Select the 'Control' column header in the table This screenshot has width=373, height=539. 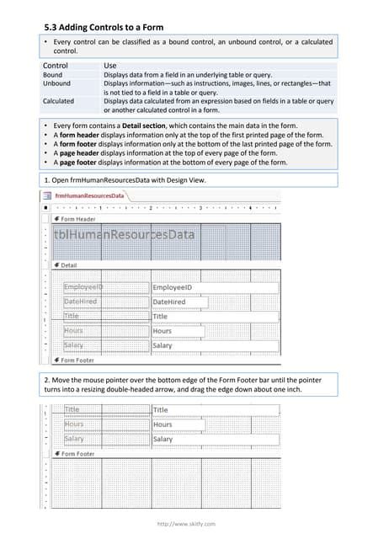(x=56, y=65)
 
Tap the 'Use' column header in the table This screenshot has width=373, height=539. (x=110, y=65)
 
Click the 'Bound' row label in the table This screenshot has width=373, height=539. (x=52, y=75)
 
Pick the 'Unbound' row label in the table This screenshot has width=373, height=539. (x=56, y=83)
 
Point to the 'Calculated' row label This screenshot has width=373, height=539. (x=59, y=101)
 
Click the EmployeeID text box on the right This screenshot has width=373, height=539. (x=214, y=288)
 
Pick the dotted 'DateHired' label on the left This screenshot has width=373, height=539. (x=81, y=302)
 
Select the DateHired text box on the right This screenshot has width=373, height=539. (x=179, y=302)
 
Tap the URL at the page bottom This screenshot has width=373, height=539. (x=186, y=524)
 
